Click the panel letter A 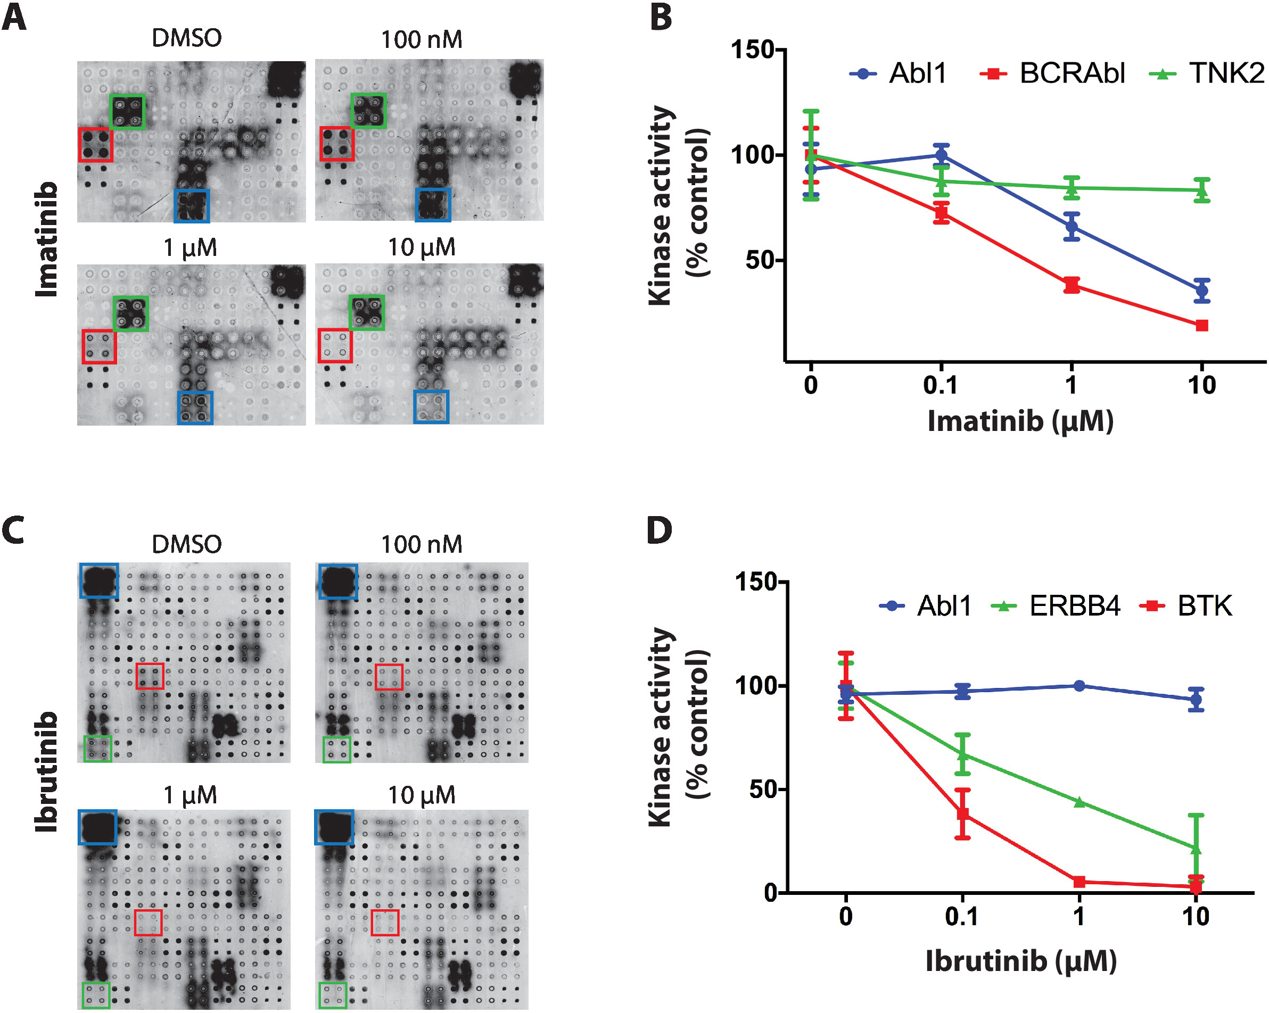[14, 18]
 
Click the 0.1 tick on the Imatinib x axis [940, 385]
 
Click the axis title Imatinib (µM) [1020, 421]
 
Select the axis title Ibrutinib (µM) [1020, 961]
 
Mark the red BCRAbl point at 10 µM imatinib [1202, 325]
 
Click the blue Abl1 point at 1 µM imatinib [1072, 227]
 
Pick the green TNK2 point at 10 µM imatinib [1202, 189]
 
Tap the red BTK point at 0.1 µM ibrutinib [962, 814]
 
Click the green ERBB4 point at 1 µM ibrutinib [1079, 802]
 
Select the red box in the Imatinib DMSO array [95, 145]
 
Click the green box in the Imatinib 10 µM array [367, 312]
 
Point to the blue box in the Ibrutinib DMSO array [100, 580]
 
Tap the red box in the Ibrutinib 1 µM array [148, 923]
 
